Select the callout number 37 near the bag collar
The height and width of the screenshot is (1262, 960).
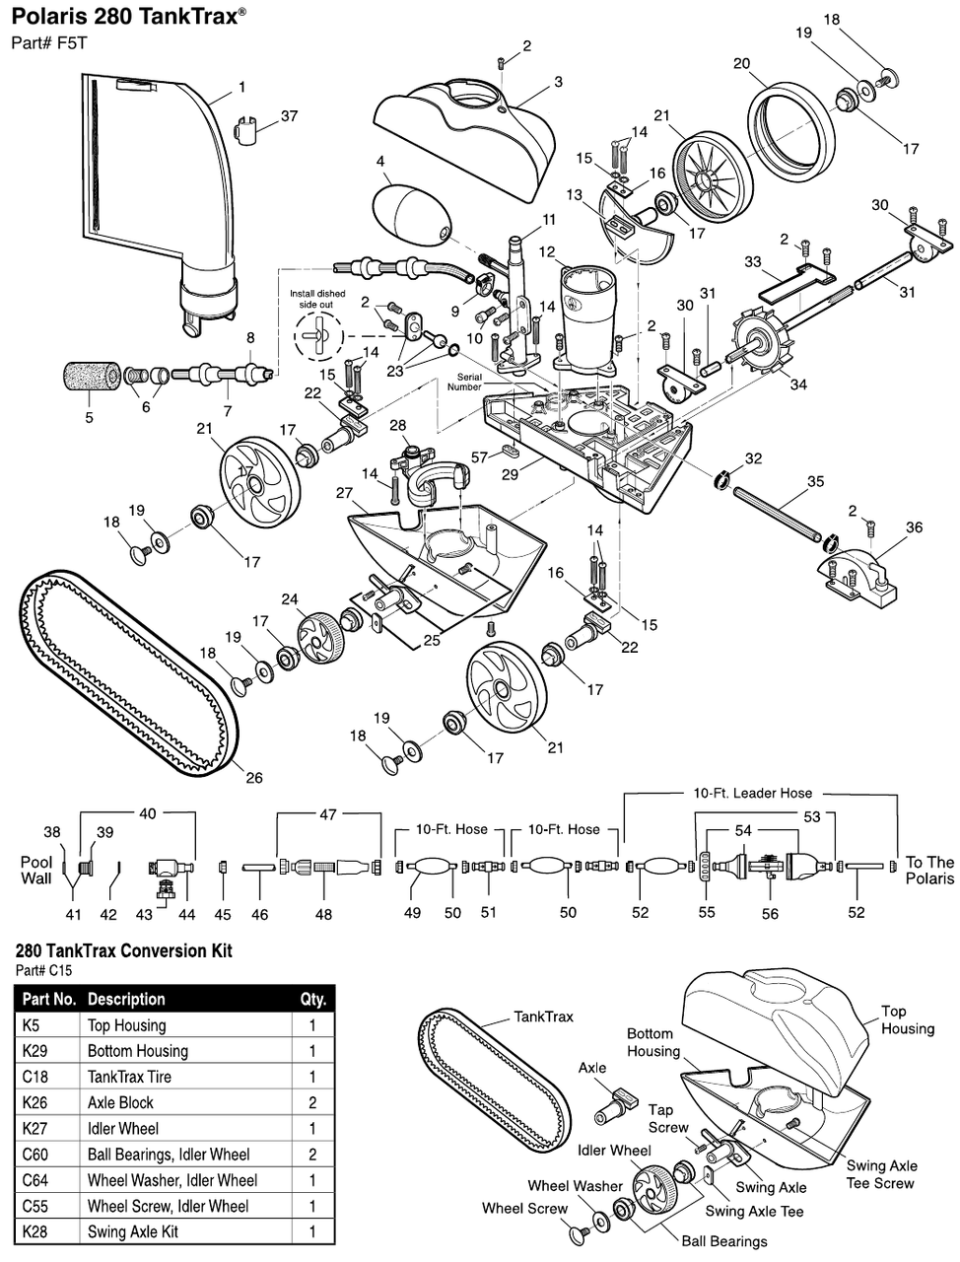point(289,116)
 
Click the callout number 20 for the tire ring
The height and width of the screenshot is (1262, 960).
point(741,64)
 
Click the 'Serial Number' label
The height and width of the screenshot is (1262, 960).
point(464,382)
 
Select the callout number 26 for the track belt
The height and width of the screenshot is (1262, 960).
point(253,778)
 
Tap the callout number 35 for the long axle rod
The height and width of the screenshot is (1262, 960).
point(815,482)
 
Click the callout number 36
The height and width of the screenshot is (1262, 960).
point(914,527)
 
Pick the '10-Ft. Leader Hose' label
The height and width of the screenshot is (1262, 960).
point(752,793)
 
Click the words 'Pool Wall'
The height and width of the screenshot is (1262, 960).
point(36,870)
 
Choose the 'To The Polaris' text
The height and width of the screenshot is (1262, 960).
point(929,870)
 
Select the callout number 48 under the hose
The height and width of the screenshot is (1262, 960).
point(323,914)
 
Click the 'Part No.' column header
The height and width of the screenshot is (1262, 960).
point(48,999)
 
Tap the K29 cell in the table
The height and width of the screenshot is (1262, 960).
point(34,1051)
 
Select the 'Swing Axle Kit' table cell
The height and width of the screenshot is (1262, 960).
point(133,1231)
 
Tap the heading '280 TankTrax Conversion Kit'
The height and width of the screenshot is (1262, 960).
point(124,951)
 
